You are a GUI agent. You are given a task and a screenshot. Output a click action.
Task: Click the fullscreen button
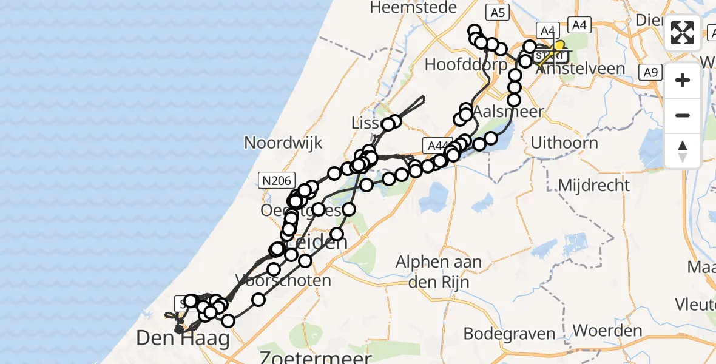click(683, 32)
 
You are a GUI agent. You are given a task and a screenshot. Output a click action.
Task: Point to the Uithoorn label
click(564, 143)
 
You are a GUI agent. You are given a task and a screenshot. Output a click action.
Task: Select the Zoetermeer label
click(316, 356)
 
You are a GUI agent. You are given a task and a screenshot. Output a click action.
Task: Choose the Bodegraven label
click(510, 333)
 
